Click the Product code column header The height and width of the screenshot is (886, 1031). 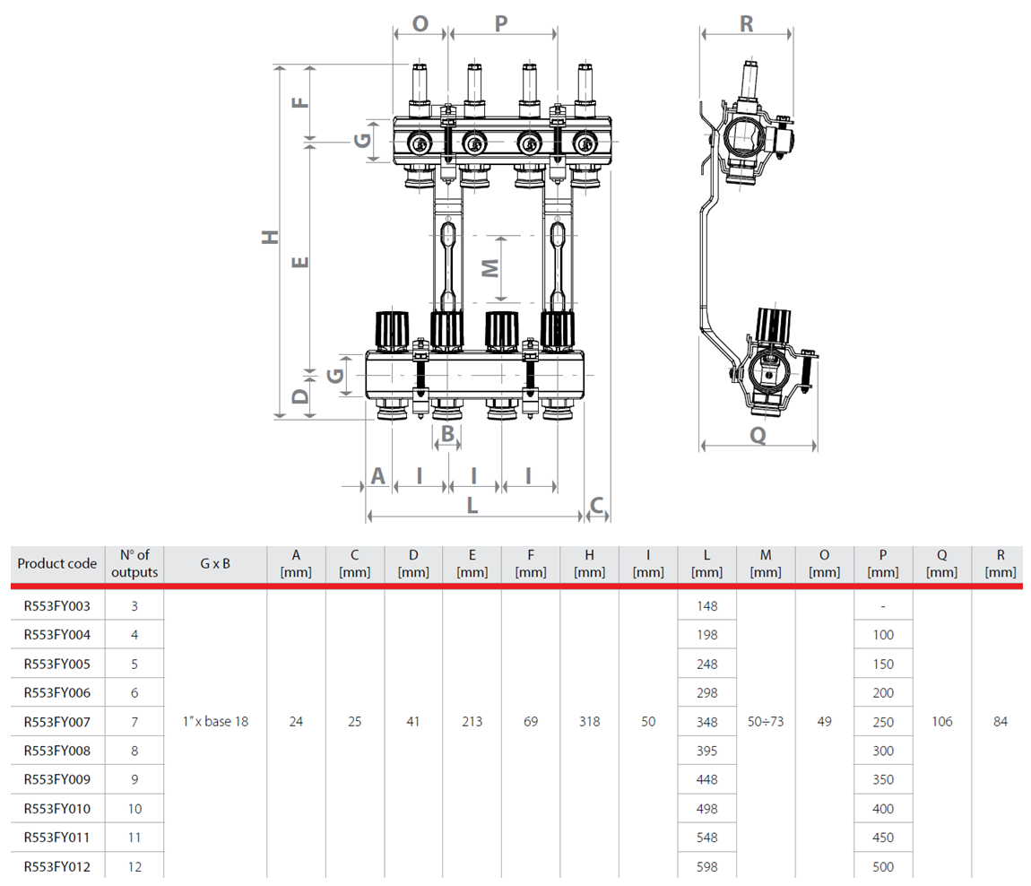pos(56,564)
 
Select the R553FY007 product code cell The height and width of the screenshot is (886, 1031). pos(56,721)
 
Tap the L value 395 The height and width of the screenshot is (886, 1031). pos(706,751)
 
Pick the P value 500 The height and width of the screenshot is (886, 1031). pos(883,867)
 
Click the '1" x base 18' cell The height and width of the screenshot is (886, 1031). pos(215,721)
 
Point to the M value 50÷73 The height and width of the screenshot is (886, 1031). pos(765,721)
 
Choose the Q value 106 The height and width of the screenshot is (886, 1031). pos(941,721)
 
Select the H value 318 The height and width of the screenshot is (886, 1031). pos(589,721)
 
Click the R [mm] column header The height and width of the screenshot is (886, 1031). pos(1001,563)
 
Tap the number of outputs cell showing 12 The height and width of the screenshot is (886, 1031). pos(134,867)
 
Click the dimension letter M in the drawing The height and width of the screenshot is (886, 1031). pos(490,267)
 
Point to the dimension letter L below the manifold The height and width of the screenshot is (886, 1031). pos(472,506)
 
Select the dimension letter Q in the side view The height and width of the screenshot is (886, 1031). pos(758,434)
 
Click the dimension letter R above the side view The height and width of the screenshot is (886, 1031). pos(746,24)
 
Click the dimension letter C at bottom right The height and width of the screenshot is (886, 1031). pos(597,506)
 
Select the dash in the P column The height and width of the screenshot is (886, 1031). pos(883,606)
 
